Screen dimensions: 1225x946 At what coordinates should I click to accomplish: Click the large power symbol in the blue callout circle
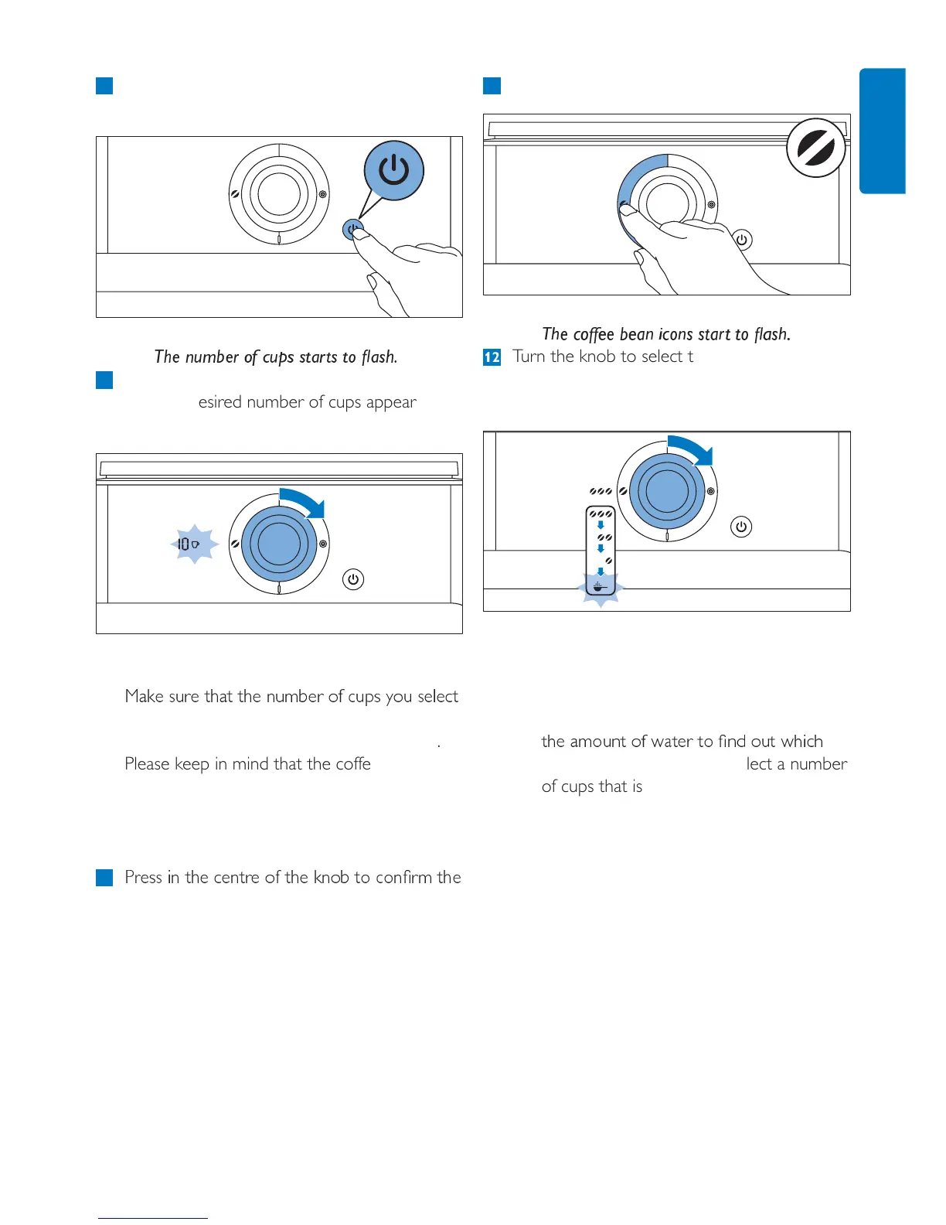[394, 170]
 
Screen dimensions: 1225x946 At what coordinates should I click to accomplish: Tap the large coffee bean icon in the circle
[816, 148]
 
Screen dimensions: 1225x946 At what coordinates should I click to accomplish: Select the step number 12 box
[492, 357]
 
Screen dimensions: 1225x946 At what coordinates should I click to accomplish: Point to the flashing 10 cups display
[188, 544]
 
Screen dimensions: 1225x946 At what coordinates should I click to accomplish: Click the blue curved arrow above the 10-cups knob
[304, 500]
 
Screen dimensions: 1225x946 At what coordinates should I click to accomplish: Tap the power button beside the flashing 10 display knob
[353, 579]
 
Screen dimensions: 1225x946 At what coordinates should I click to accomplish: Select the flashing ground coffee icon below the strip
[601, 588]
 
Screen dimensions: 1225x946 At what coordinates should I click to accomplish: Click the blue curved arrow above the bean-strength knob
[692, 449]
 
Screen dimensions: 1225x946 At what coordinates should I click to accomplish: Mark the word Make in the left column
[145, 697]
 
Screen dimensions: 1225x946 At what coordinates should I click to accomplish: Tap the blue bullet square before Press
[104, 878]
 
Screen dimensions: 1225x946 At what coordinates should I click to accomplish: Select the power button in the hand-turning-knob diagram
[741, 240]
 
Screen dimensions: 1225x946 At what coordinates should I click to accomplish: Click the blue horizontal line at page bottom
[153, 1218]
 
